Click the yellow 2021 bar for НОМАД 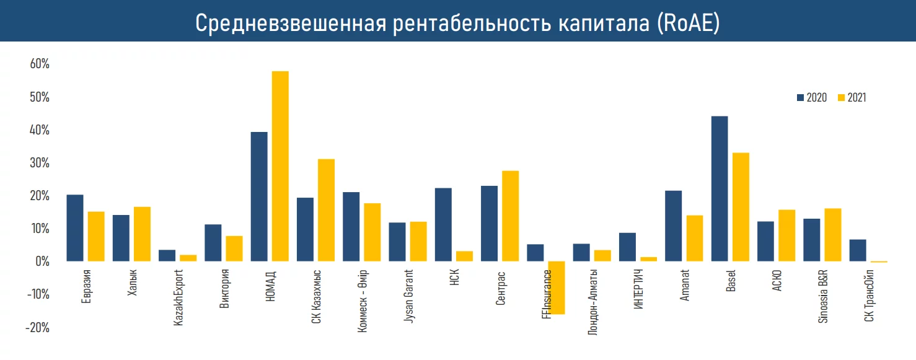280,166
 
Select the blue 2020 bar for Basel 720,188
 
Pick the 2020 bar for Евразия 75,227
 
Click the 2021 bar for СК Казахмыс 326,210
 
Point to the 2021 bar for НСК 464,256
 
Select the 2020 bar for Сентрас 489,223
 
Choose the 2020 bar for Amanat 673,226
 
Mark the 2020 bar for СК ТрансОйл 858,250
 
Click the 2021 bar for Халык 142,234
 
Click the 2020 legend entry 812,98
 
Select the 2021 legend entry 852,98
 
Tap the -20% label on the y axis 37,327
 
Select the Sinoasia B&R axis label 822,296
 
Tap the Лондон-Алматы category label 593,302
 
